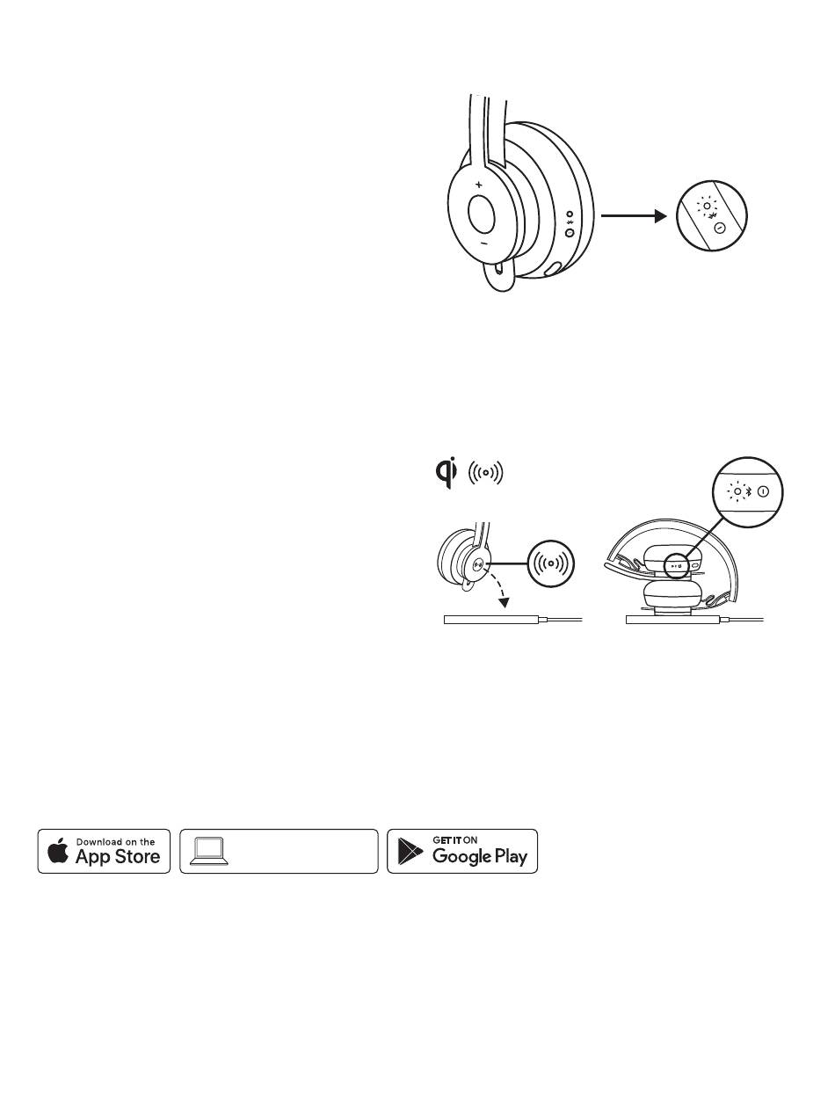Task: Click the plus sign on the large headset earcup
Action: coord(478,185)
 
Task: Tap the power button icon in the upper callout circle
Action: coord(720,228)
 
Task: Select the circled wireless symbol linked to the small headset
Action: coord(551,562)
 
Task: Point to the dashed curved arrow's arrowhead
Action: coord(504,602)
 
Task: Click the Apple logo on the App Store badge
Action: coord(58,852)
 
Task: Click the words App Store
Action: coord(118,857)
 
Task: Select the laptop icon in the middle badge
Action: coord(209,850)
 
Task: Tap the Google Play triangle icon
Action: coord(410,852)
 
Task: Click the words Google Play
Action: coord(479,857)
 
